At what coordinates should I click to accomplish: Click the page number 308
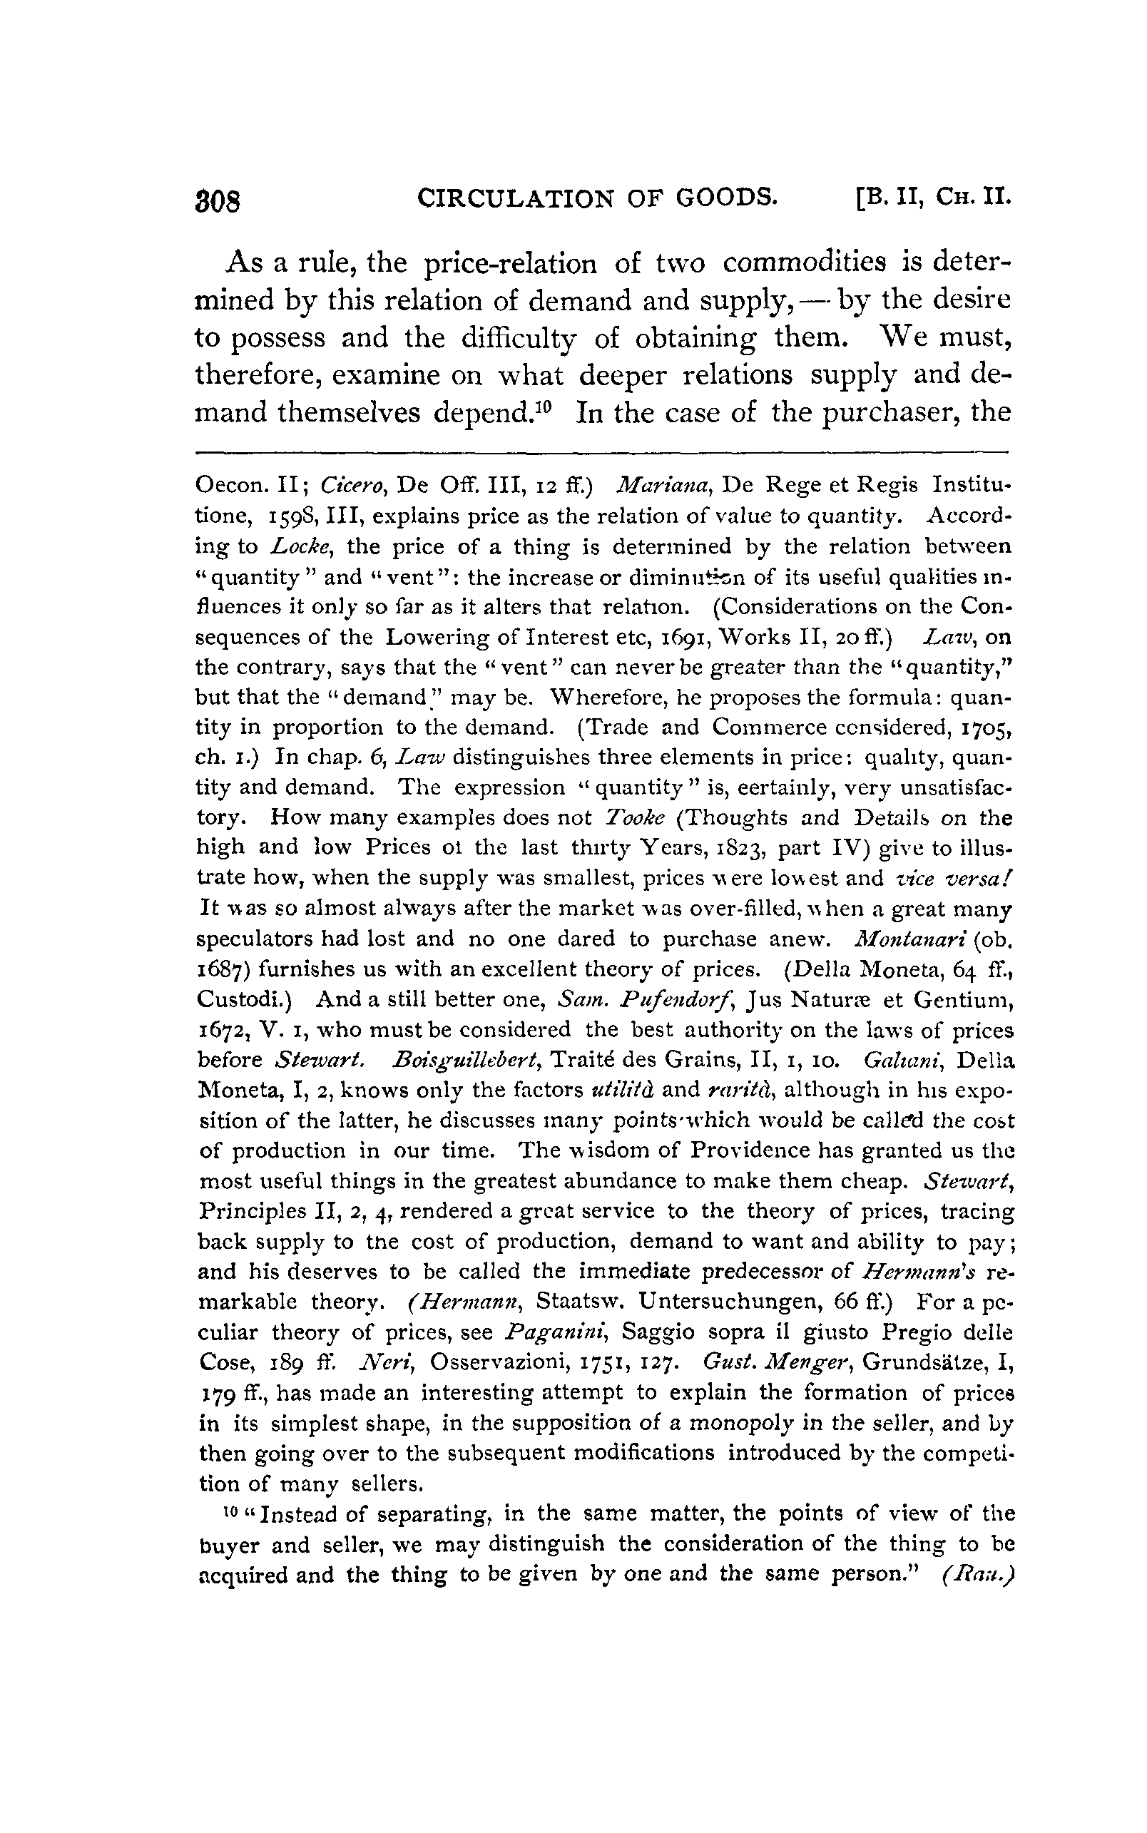218,201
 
